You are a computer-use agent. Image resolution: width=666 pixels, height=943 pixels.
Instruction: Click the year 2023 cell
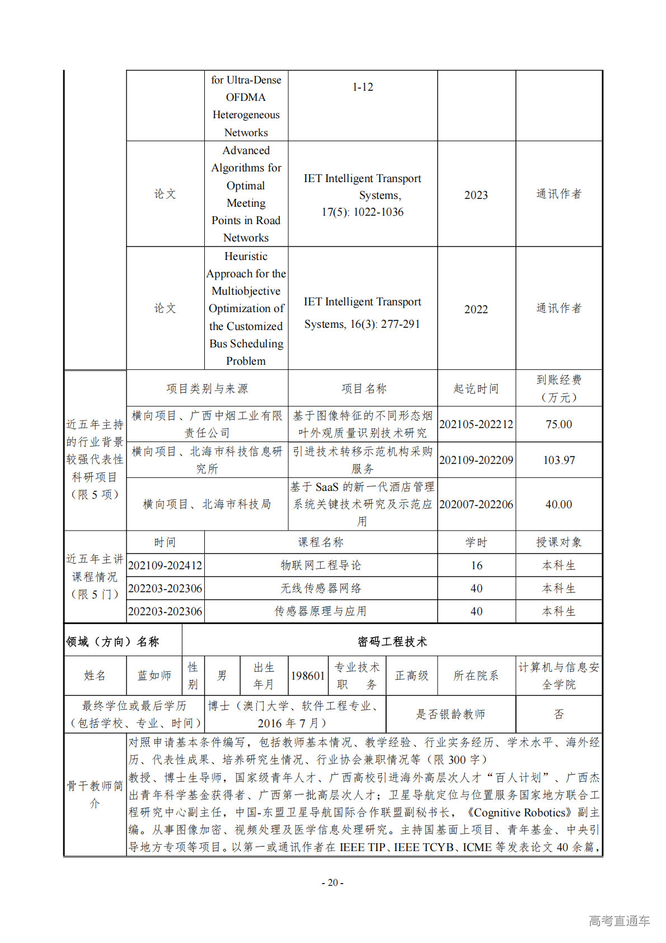476,195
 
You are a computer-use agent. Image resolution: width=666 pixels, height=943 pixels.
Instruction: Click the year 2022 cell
476,309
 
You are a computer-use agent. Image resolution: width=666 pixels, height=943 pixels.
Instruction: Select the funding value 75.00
559,424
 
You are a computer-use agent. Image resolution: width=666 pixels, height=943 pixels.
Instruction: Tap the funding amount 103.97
559,460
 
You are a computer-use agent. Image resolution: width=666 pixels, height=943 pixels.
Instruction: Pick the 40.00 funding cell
559,504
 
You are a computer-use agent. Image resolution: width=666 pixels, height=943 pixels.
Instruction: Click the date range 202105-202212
476,424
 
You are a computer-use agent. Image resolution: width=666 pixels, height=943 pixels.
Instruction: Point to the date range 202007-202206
476,504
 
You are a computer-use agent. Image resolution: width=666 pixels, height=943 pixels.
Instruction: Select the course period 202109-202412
165,565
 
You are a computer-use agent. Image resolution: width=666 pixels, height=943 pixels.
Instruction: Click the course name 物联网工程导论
321,565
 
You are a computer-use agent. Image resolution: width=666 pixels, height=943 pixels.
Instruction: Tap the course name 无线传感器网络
321,588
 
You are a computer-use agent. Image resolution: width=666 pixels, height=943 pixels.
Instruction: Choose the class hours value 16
476,565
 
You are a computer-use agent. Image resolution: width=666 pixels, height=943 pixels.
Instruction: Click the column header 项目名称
363,388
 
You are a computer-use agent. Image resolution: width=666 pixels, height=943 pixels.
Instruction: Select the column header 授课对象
559,542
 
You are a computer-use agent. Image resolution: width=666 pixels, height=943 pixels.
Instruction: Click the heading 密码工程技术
392,642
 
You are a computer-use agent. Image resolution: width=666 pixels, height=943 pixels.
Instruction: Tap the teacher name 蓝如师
154,675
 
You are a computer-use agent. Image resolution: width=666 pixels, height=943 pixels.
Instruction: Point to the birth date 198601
307,676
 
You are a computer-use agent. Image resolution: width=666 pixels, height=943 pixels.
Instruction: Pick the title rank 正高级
411,676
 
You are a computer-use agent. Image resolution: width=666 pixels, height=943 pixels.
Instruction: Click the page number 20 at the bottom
332,882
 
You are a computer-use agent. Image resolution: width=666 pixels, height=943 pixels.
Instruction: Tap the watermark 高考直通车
619,920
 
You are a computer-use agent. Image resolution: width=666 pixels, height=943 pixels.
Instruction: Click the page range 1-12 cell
363,87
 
